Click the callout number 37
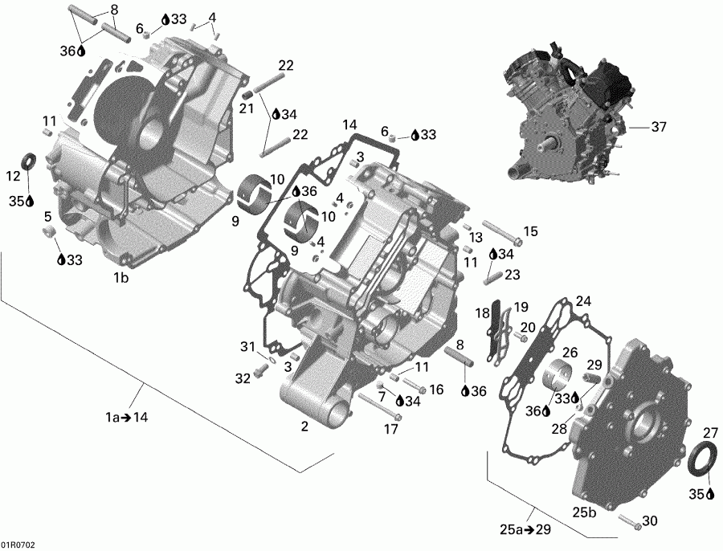tap(659, 127)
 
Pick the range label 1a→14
tap(126, 417)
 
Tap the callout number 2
tap(304, 427)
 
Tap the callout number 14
tap(349, 124)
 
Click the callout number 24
tap(582, 301)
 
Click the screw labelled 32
tap(261, 372)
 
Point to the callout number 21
tap(246, 109)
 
